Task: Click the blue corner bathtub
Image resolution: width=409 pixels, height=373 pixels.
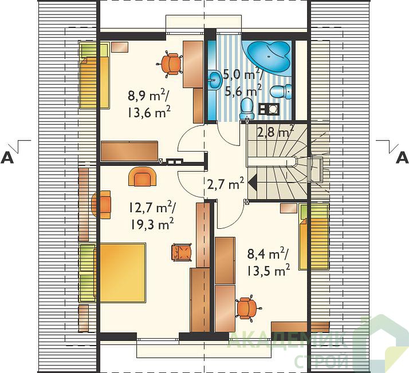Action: coord(269,55)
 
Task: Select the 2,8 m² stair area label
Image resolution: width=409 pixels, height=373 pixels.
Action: coord(276,132)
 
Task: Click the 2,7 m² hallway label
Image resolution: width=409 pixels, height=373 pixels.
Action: coord(225,184)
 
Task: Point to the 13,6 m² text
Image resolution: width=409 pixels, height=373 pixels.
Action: coord(149,112)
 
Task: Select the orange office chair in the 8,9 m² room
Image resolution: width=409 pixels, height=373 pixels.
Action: coord(170,64)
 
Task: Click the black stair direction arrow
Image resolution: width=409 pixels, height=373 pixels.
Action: coord(253,184)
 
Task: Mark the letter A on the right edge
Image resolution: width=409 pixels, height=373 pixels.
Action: coord(402,157)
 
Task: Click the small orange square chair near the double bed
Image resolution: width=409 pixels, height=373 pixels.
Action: coord(182,252)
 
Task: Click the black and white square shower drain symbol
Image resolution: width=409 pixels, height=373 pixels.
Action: coord(269,109)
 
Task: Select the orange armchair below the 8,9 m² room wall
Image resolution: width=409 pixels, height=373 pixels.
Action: coord(143,176)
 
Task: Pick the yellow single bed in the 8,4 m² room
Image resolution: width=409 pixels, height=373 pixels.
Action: coord(313,237)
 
